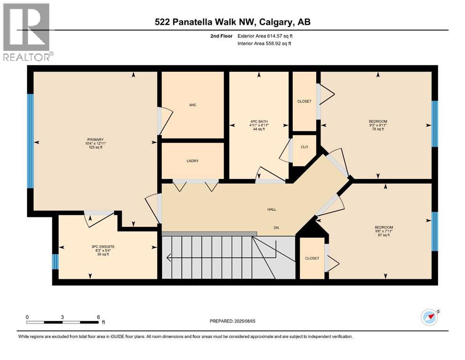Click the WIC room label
[192, 105]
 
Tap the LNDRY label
[192, 161]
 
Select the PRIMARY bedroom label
[96, 140]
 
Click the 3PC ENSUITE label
[103, 247]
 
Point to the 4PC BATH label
[259, 121]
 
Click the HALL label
[272, 209]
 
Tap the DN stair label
[276, 228]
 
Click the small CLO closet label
[304, 147]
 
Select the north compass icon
[430, 317]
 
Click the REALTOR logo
[28, 32]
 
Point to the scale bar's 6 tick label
[98, 317]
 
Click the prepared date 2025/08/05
[244, 321]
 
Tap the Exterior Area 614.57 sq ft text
[265, 36]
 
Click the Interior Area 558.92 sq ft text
[264, 43]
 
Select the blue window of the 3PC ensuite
[55, 262]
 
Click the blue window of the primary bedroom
[30, 141]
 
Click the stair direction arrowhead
[169, 258]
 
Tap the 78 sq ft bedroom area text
[378, 129]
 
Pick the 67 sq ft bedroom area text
[384, 235]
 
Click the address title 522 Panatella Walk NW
[206, 22]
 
